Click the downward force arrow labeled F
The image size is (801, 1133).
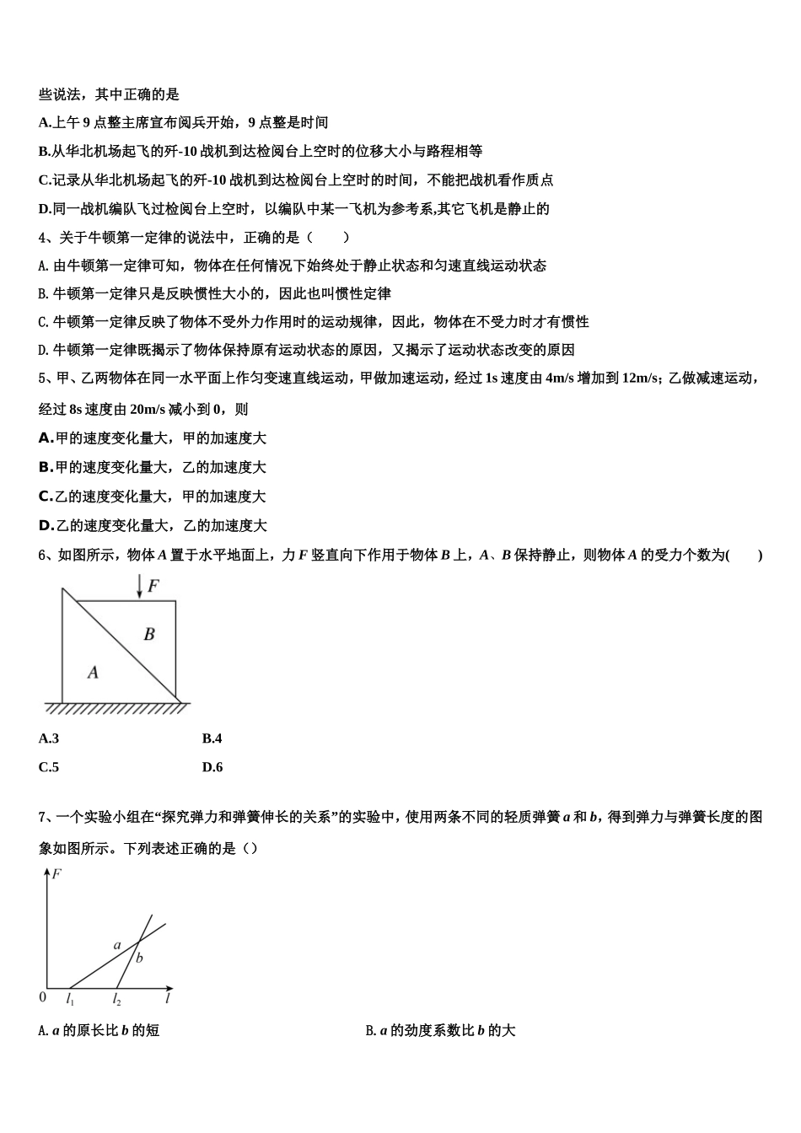coord(140,587)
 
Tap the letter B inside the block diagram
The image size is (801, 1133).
coord(149,633)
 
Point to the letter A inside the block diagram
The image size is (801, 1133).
coord(93,672)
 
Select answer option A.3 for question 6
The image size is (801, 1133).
coord(49,738)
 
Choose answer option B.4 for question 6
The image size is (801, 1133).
coord(212,738)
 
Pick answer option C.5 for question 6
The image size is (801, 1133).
coord(49,767)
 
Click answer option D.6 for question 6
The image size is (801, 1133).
coord(212,767)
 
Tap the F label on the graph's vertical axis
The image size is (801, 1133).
coord(56,874)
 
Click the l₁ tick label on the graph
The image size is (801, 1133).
coord(70,1000)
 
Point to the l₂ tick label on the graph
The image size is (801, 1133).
coord(116,1000)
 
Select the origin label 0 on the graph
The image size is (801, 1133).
coord(43,997)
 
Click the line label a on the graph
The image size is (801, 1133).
coord(117,945)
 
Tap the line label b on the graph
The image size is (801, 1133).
coord(139,958)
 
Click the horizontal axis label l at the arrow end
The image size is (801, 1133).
coord(168,999)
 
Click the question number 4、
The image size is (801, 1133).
coord(46,237)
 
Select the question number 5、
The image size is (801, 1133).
coord(46,378)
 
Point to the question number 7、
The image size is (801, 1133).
coord(46,816)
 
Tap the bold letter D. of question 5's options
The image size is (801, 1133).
coord(46,525)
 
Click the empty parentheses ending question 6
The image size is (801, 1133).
coord(745,555)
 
